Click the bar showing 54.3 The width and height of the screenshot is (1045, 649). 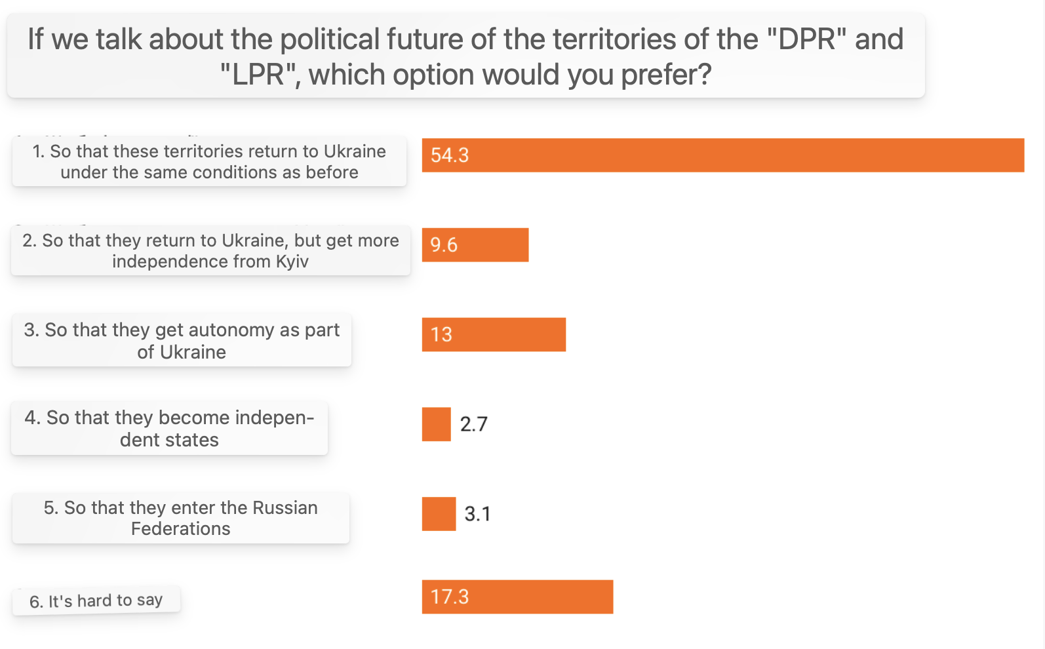[722, 155]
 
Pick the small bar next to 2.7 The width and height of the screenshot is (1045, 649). [436, 424]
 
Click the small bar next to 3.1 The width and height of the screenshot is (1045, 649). [439, 514]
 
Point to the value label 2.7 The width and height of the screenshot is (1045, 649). [473, 424]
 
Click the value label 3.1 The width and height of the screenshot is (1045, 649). [477, 514]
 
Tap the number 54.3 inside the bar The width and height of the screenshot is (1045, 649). [450, 155]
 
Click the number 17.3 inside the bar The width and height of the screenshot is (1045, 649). [450, 597]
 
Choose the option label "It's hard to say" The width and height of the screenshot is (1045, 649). [96, 600]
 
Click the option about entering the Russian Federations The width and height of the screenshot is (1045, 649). [181, 518]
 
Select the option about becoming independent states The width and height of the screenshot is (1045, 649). [169, 429]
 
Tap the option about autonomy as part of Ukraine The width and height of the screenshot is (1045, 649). [182, 340]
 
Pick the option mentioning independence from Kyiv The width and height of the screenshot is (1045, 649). [210, 250]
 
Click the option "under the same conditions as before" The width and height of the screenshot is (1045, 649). [209, 161]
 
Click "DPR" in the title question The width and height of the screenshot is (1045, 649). [807, 39]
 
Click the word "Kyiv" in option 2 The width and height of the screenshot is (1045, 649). [292, 262]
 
